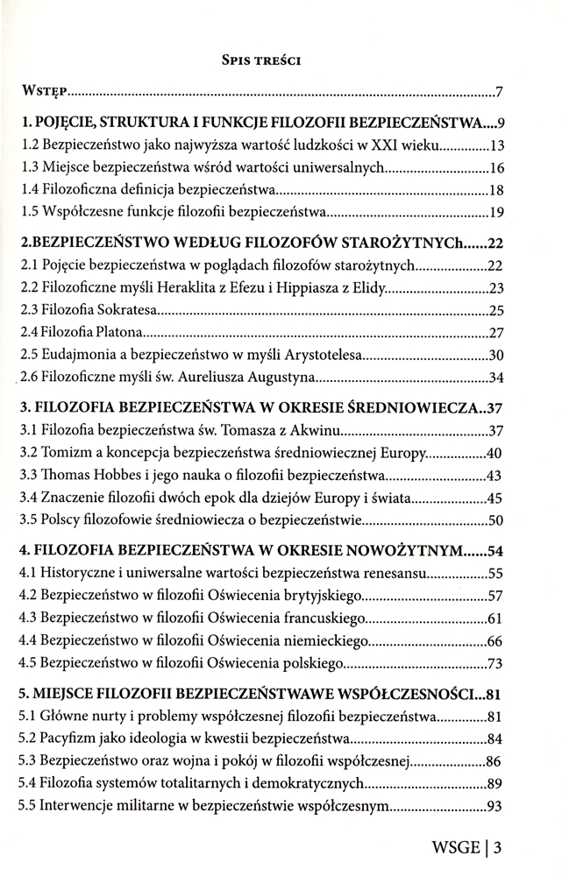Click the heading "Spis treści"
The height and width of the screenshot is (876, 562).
262,61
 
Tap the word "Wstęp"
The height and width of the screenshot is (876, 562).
45,90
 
